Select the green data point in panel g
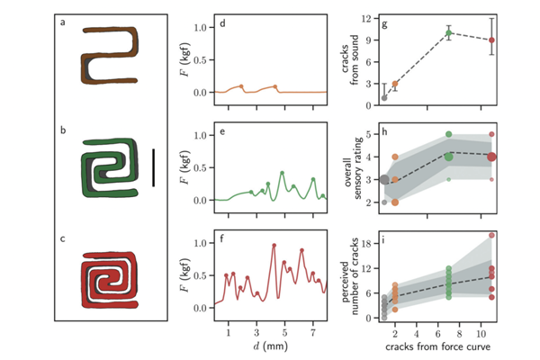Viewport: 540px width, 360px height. coord(448,33)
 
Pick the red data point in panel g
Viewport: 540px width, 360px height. coord(491,40)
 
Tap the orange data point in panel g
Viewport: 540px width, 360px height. coord(394,84)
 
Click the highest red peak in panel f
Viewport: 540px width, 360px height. coord(274,245)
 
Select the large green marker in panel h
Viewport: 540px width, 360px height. coord(448,156)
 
